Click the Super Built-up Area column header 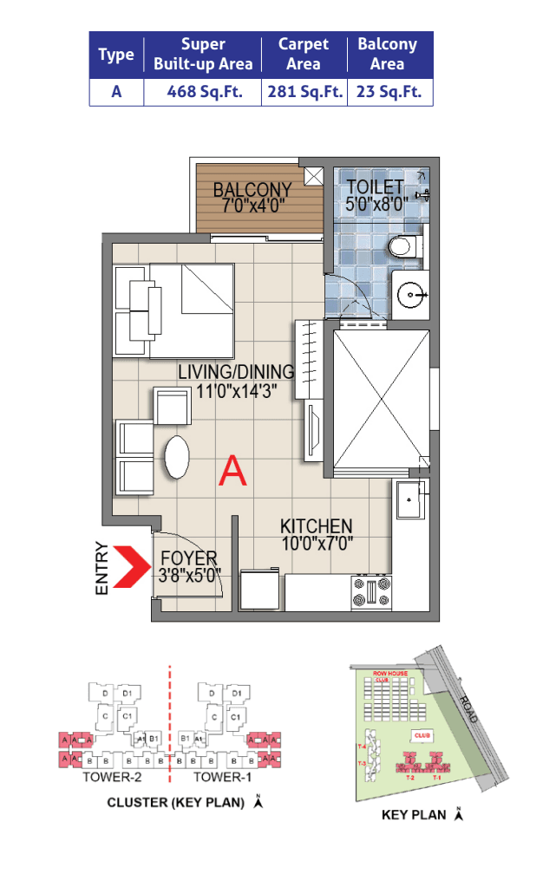[202, 54]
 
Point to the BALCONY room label [252, 189]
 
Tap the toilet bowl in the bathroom [403, 247]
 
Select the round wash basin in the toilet [410, 295]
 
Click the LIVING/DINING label [236, 372]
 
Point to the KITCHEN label [316, 526]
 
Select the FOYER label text [189, 558]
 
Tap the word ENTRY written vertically [102, 569]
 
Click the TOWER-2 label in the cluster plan [107, 777]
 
